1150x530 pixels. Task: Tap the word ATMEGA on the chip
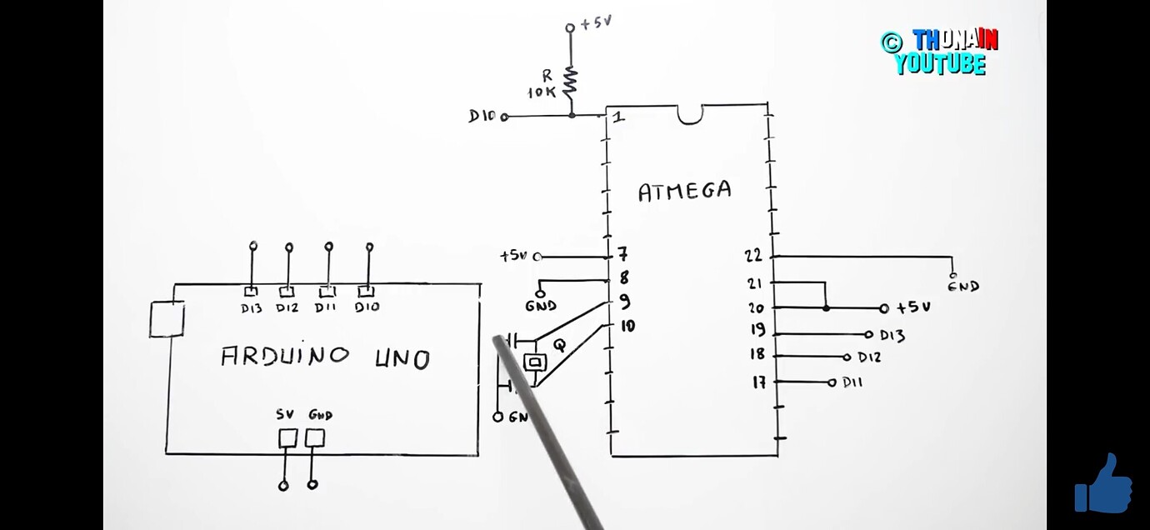click(x=684, y=192)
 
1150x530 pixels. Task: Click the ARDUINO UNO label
click(x=325, y=357)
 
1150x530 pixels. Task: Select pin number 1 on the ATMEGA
click(x=618, y=117)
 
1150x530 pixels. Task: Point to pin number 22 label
click(x=754, y=256)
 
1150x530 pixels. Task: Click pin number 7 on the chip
click(x=622, y=254)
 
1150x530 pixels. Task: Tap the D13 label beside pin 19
click(x=892, y=335)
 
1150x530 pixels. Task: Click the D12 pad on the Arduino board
click(x=287, y=292)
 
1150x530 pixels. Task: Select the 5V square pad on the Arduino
click(x=287, y=437)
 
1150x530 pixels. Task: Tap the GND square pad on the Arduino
click(x=314, y=437)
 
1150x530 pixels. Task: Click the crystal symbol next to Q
click(x=534, y=362)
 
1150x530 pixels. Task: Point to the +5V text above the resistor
click(x=596, y=23)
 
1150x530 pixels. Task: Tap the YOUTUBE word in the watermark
click(x=941, y=64)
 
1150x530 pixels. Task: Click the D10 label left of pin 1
click(x=482, y=117)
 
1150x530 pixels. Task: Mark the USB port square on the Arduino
click(x=167, y=319)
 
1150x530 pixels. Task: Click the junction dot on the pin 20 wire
click(x=826, y=307)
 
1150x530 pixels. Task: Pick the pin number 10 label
click(x=627, y=325)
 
